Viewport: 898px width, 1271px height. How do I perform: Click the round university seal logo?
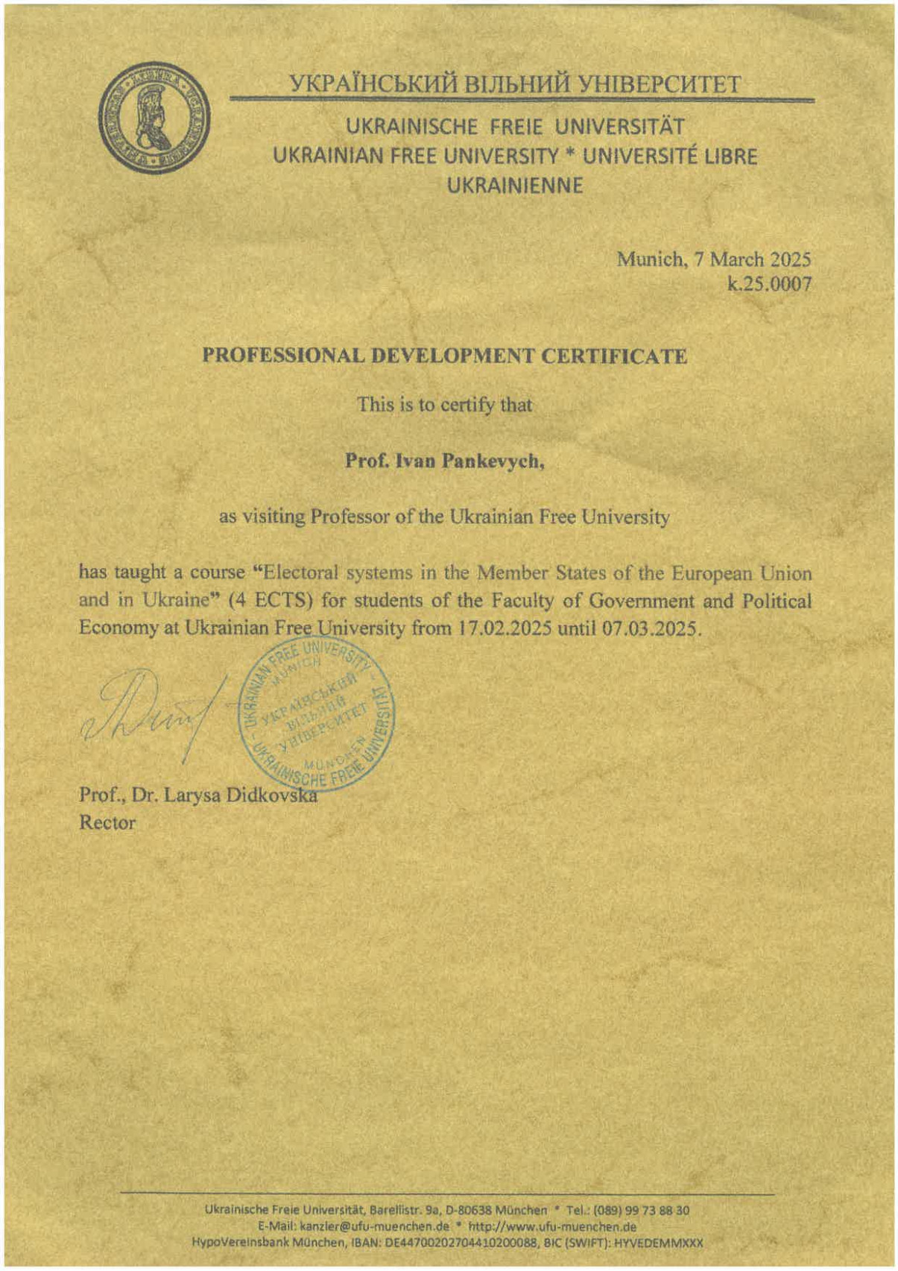(x=154, y=118)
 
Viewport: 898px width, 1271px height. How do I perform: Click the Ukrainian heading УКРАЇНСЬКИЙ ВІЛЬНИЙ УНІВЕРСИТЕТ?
(x=516, y=83)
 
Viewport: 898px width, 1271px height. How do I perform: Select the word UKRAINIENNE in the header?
(x=515, y=186)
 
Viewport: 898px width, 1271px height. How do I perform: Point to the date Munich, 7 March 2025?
(x=713, y=259)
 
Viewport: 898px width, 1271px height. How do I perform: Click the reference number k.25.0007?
(x=770, y=284)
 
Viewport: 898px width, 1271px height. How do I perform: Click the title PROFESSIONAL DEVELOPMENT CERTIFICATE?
(x=445, y=356)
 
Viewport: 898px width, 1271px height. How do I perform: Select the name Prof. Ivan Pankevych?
(x=444, y=461)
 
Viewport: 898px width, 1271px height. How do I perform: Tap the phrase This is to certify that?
(x=444, y=405)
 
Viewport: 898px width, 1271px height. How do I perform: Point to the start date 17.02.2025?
(x=505, y=628)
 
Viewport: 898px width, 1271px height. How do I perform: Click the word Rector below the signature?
(x=107, y=823)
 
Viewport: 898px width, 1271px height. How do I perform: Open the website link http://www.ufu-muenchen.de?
(x=552, y=1226)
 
